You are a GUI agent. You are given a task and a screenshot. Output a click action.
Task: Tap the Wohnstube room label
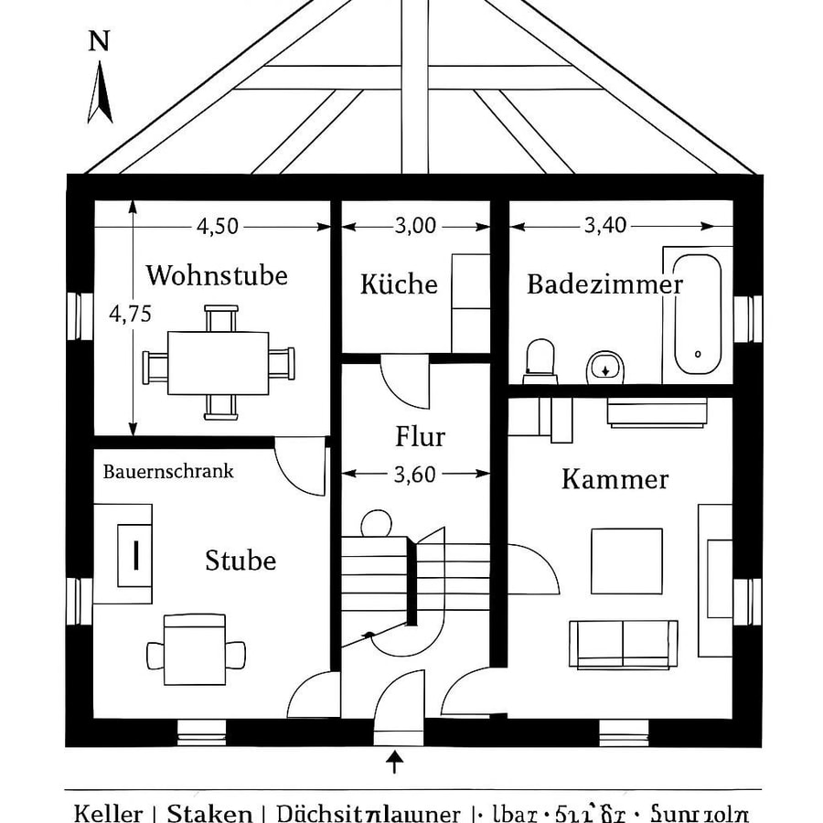click(217, 275)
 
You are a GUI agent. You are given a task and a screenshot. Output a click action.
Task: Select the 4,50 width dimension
click(218, 226)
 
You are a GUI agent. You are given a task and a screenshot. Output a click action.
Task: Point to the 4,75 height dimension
click(130, 314)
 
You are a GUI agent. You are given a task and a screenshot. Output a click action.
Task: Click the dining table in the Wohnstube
click(219, 363)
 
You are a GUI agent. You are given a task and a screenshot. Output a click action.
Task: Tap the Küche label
click(399, 284)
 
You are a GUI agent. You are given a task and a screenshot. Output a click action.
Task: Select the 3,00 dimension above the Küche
click(415, 226)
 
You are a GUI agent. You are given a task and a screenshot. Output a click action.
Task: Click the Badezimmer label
click(604, 284)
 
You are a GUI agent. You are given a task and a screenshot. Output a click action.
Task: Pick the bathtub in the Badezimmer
click(698, 314)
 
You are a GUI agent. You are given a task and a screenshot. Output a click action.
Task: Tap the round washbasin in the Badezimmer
click(604, 367)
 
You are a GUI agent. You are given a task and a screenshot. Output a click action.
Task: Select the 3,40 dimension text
click(605, 226)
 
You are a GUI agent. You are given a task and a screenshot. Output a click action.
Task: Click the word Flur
click(420, 437)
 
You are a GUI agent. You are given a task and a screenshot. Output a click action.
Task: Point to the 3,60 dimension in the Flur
click(414, 474)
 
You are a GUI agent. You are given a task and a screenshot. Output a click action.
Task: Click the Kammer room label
click(615, 479)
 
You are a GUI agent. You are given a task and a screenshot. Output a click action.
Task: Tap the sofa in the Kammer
click(624, 644)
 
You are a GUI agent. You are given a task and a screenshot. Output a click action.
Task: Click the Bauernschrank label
click(168, 472)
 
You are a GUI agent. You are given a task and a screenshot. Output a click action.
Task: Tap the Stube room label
click(240, 560)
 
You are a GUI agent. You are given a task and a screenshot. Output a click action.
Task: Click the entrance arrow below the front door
click(395, 761)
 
